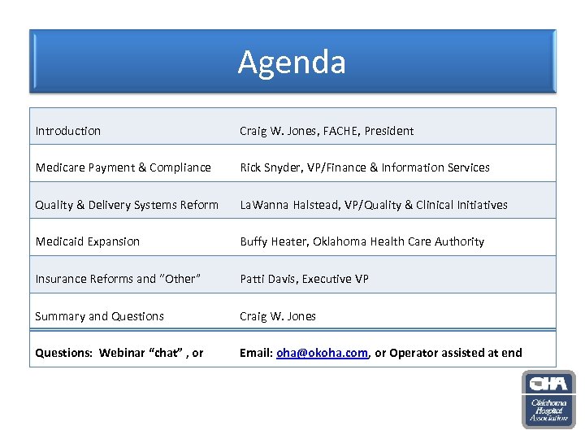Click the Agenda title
292,63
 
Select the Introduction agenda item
68,131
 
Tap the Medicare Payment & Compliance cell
123,167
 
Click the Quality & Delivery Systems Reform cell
127,205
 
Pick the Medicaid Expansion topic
88,241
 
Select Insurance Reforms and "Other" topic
116,279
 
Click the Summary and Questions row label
99,316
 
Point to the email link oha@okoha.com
323,353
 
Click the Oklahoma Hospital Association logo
548,399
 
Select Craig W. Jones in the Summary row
277,316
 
